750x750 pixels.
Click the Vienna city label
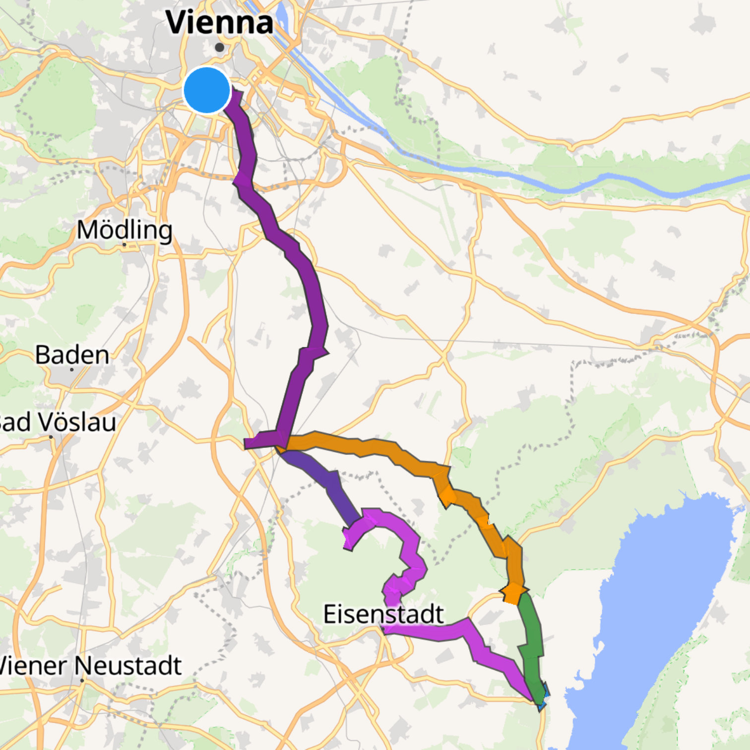pyautogui.click(x=219, y=23)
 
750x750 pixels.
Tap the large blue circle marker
pyautogui.click(x=207, y=90)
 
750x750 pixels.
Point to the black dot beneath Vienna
pyautogui.click(x=220, y=48)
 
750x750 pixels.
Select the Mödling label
pyautogui.click(x=125, y=230)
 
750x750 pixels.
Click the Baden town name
pyautogui.click(x=72, y=355)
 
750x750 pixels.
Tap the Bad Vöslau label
pyautogui.click(x=57, y=422)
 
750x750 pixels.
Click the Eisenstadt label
pyautogui.click(x=383, y=614)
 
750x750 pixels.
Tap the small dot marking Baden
pyautogui.click(x=72, y=370)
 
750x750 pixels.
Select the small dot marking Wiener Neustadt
pyautogui.click(x=82, y=681)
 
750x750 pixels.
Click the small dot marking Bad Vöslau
pyautogui.click(x=51, y=437)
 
